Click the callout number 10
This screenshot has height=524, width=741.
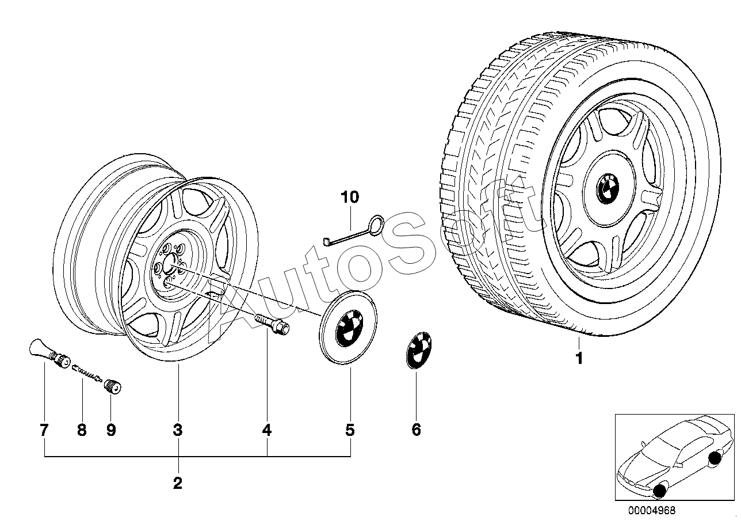point(350,197)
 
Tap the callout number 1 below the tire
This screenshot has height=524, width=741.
point(579,359)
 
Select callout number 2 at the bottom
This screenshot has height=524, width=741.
point(178,484)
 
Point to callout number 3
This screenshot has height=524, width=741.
point(178,430)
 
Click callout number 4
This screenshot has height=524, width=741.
point(266,430)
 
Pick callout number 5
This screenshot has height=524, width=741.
point(350,430)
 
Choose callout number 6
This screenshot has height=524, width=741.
point(416,430)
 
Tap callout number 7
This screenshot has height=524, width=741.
point(44,430)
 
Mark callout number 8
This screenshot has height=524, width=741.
point(82,430)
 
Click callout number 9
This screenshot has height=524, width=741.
point(111,430)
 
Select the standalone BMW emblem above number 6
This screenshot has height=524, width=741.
point(418,350)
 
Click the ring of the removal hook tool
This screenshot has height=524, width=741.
point(376,225)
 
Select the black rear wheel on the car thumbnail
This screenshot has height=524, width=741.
point(714,458)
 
